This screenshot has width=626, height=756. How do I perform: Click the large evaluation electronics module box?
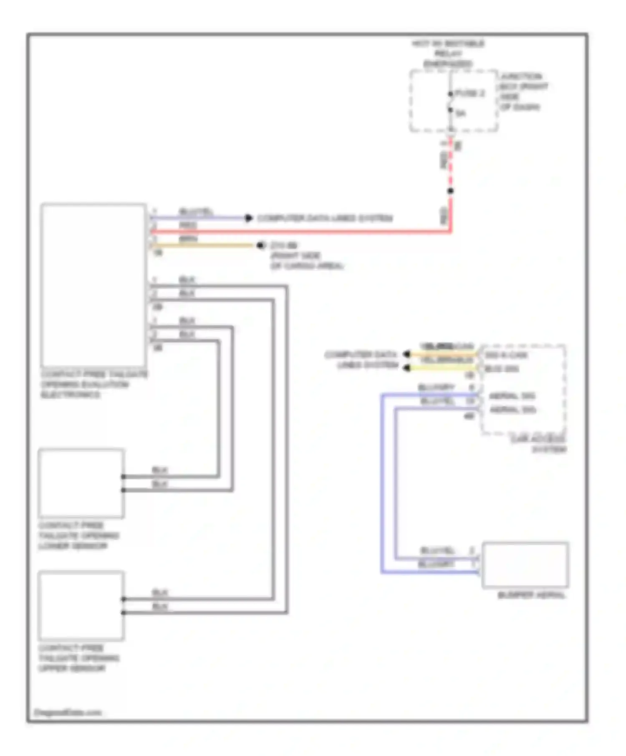[93, 285]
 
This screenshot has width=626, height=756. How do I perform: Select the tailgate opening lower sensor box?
[81, 483]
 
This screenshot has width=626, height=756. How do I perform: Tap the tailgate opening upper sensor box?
[81, 606]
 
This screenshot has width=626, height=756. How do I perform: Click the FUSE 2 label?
[470, 93]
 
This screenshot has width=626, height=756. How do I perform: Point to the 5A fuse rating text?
[461, 113]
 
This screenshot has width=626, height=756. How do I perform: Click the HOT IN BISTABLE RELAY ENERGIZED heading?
[448, 54]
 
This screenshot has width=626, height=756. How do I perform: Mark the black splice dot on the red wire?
[450, 191]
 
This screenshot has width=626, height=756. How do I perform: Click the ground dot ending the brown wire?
[261, 245]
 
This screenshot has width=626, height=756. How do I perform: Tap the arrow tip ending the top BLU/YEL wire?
[249, 218]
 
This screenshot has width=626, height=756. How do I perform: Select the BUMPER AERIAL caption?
[531, 595]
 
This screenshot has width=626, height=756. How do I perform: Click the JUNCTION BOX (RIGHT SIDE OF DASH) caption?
[523, 92]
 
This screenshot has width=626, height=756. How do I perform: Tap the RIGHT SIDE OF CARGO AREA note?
[307, 260]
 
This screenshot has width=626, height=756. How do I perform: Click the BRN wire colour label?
[188, 239]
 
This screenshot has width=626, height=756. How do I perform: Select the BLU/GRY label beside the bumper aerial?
[436, 564]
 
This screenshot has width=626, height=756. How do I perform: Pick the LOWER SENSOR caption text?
[73, 546]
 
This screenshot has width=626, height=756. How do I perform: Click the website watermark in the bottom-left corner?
[68, 713]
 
